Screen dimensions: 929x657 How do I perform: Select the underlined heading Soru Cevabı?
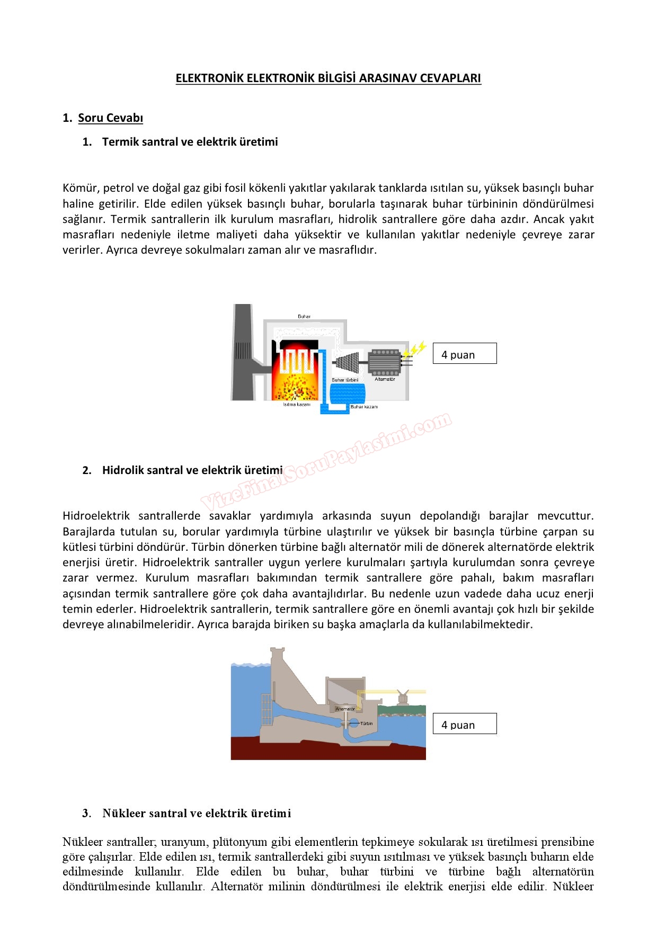point(110,118)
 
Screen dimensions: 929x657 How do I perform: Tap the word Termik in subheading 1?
point(120,142)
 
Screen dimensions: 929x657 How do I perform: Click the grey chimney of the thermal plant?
point(243,352)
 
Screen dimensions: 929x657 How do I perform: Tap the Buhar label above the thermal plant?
point(304,317)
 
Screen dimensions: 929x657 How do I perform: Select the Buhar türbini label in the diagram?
point(345,380)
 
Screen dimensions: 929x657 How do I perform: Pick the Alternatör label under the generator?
point(385,379)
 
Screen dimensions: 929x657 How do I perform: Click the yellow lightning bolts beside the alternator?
point(414,350)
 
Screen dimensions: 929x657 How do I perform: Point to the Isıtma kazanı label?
point(296,405)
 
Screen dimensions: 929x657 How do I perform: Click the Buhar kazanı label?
point(364,407)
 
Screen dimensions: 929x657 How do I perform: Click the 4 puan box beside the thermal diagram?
point(465,354)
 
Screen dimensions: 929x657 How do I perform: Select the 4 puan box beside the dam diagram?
point(465,724)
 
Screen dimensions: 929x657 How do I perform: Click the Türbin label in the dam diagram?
point(367,723)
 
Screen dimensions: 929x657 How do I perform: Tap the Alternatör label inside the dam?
point(345,709)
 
